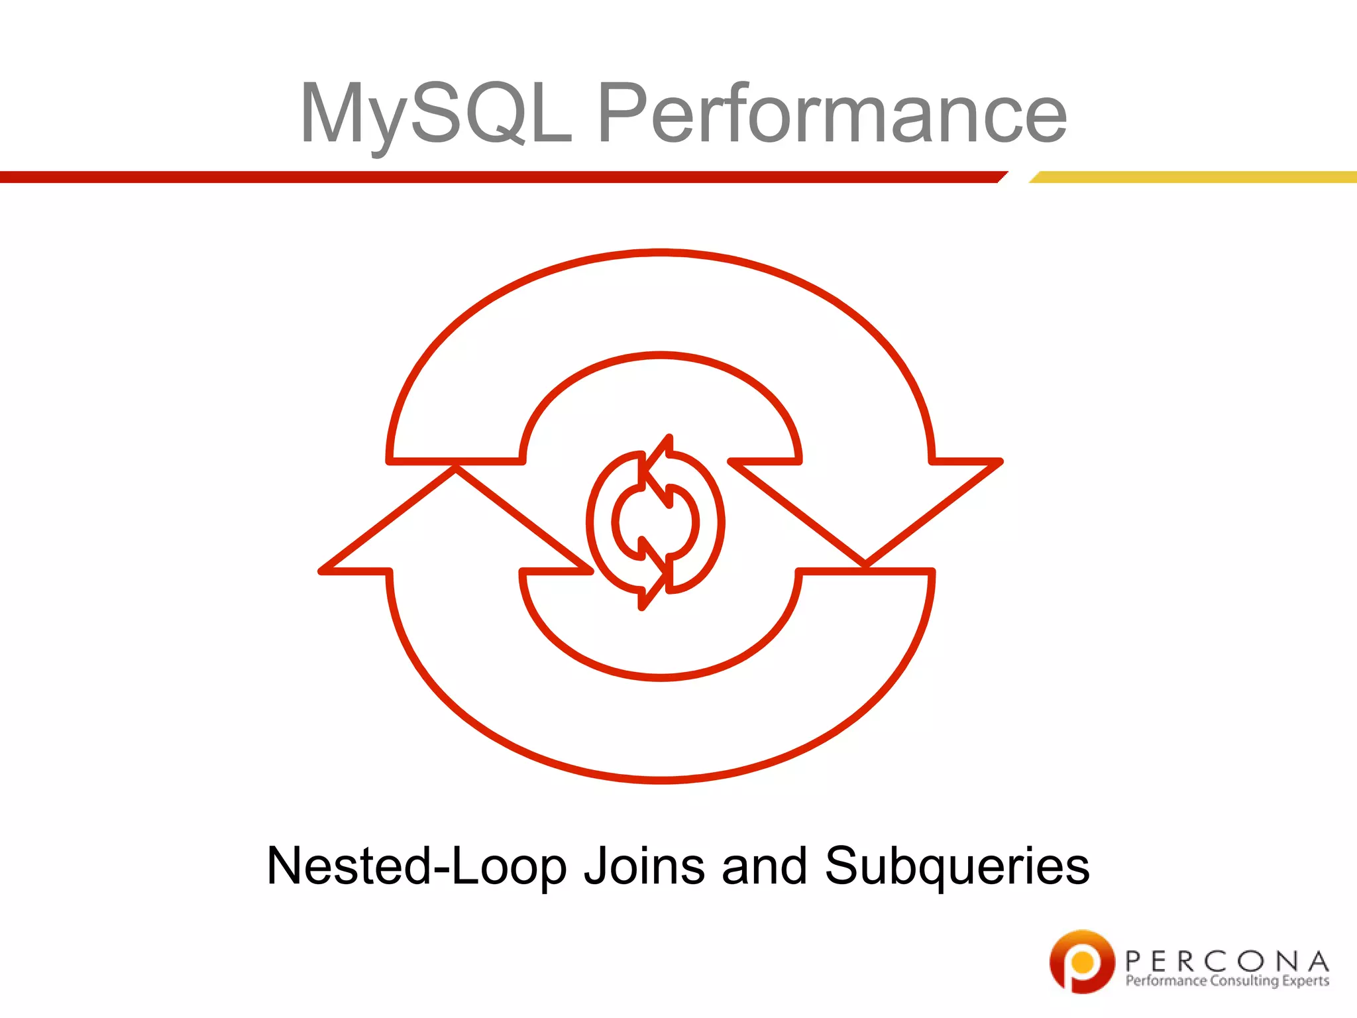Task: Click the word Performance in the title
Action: pyautogui.click(x=832, y=114)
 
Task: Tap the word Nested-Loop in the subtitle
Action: pyautogui.click(x=417, y=866)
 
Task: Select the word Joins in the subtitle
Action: pyautogui.click(x=644, y=866)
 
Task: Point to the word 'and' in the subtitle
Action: pyautogui.click(x=764, y=866)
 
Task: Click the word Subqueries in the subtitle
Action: pyautogui.click(x=957, y=866)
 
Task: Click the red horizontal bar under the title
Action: pyautogui.click(x=497, y=177)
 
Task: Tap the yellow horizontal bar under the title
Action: pyautogui.click(x=1193, y=177)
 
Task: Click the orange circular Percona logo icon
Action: pyautogui.click(x=1081, y=961)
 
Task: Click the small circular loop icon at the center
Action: pyautogui.click(x=655, y=522)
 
